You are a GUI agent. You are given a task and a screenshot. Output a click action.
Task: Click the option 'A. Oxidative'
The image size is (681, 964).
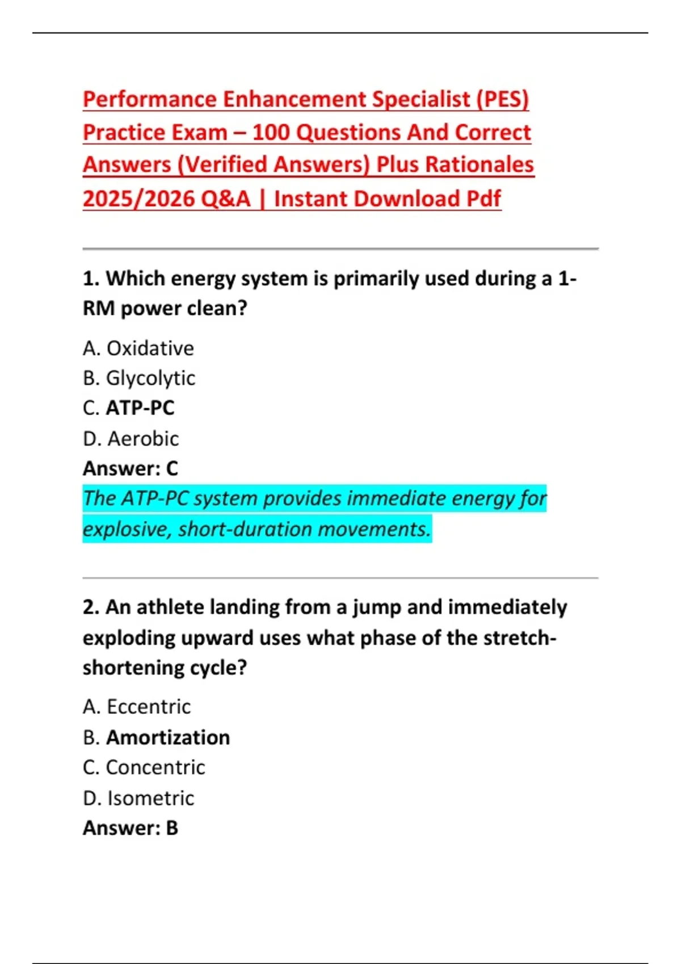tap(138, 348)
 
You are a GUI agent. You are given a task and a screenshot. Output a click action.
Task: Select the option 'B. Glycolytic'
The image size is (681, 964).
tap(139, 378)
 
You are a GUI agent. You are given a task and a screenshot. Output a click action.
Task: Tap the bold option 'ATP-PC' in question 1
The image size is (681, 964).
tap(140, 408)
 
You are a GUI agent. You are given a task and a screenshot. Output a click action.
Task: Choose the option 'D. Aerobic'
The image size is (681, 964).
tap(131, 439)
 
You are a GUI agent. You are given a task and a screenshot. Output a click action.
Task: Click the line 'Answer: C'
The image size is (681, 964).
tap(130, 468)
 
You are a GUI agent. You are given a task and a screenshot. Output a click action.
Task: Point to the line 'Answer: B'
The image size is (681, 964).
tap(130, 828)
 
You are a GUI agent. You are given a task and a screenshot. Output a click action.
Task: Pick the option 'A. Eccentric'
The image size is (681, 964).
tap(136, 707)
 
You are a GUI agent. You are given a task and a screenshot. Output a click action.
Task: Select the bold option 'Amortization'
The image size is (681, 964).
tap(168, 738)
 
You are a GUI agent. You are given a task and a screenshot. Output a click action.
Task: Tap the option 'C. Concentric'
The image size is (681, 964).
tap(144, 768)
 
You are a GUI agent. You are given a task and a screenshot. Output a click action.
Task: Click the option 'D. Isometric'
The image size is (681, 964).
tap(138, 798)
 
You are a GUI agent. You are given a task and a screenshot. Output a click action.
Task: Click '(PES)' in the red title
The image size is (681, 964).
tap(502, 100)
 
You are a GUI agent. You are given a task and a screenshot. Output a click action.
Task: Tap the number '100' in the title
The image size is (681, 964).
tap(271, 133)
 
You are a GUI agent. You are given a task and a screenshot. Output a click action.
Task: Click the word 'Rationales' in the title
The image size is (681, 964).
tap(479, 165)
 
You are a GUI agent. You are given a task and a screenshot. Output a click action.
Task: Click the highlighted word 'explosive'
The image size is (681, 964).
tap(127, 530)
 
